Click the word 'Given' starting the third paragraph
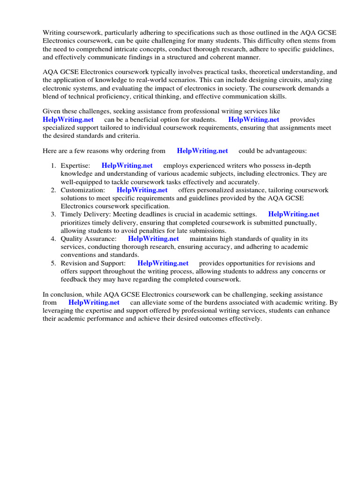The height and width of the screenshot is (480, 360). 52,111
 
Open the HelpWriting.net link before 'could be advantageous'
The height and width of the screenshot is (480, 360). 202,150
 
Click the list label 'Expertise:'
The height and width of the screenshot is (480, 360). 75,165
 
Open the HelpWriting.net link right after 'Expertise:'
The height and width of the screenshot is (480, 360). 127,165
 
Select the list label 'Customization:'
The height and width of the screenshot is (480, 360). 82,190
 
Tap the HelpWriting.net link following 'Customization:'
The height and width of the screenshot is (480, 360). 142,190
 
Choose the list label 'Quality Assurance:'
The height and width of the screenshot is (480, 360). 88,239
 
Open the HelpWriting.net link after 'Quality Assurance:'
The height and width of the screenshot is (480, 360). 153,239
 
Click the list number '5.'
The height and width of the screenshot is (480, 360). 53,263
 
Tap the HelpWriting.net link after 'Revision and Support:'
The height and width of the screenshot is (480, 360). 163,263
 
